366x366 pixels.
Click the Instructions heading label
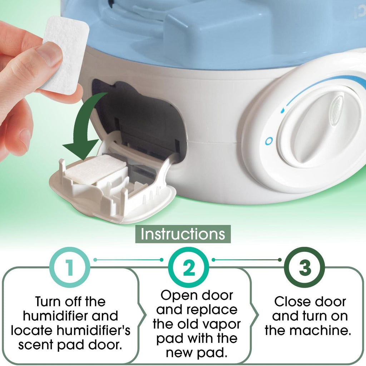click(183, 234)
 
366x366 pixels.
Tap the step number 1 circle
click(70, 267)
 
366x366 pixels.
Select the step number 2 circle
click(189, 267)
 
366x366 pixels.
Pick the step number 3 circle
click(305, 267)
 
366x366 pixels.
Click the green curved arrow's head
click(80, 149)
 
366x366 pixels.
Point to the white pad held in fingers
click(65, 55)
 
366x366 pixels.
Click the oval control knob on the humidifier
click(320, 127)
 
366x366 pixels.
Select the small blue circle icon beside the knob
click(269, 141)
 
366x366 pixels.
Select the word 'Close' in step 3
click(288, 302)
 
